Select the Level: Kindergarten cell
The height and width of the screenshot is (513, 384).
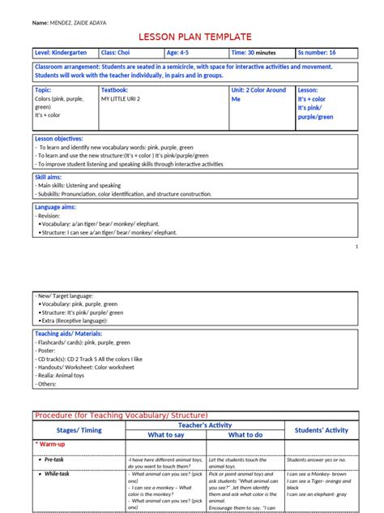pos(62,53)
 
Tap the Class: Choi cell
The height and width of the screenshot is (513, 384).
pos(117,53)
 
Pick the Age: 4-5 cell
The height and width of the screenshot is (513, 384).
pos(182,53)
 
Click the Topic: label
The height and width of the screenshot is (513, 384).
pos(44,90)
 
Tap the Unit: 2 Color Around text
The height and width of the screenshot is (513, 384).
pos(258,90)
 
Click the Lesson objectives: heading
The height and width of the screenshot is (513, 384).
pos(61,140)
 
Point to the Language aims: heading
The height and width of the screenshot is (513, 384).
pos(55,206)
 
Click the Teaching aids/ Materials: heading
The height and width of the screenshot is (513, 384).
pos(69,333)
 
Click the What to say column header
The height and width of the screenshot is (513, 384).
pos(165,434)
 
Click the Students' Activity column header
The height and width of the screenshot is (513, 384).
pos(320,429)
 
